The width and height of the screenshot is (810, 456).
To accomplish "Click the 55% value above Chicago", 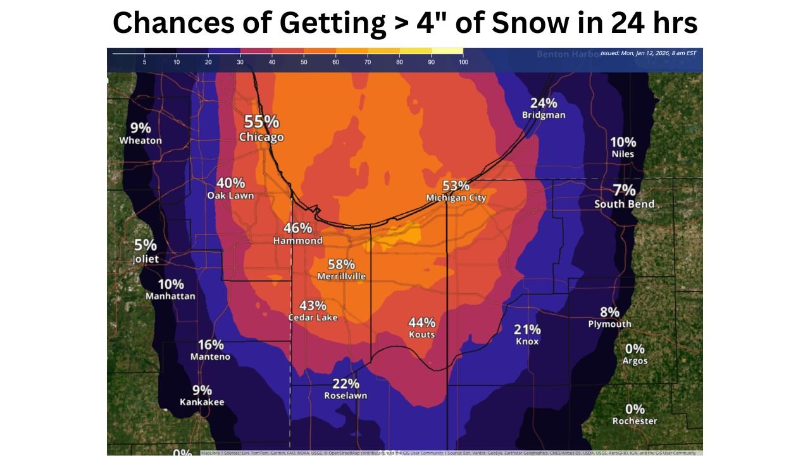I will pos(261,121).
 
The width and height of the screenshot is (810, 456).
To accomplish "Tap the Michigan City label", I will pos(456,198).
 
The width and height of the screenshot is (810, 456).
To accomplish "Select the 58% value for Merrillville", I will pos(341,264).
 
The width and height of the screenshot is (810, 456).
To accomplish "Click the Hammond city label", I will pos(297,241).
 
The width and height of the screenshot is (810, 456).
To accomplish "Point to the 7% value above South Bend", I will pos(624,189).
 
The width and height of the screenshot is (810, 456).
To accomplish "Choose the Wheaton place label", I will pos(140,141).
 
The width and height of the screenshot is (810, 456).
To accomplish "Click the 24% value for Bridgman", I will pos(544,103).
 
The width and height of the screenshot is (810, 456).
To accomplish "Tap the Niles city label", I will pos(623,154).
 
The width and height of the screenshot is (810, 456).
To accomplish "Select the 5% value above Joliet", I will pos(146,245).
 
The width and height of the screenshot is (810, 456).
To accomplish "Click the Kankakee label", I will pos(202,402).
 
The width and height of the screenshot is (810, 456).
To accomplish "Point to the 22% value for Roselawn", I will pos(346,383).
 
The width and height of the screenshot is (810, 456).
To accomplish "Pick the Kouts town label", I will pos(421,334).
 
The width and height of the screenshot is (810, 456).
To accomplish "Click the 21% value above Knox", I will pos(527,329).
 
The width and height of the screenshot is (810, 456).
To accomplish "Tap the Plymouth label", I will pos(609,324).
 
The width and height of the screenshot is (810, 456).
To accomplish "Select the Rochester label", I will pos(635,421).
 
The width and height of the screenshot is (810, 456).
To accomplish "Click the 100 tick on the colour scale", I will pos(463,62).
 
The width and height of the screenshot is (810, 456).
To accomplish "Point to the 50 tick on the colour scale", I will pos(304,62).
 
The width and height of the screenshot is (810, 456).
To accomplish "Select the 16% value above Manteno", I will pos(211,345).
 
